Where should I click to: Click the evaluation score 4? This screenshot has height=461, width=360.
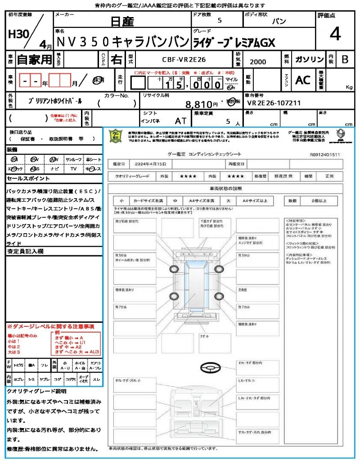[x=334, y=34]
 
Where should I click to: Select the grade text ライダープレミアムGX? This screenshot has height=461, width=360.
[x=234, y=42]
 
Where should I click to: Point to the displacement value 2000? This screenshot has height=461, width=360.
[x=257, y=62]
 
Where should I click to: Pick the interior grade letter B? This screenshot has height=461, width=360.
[x=345, y=59]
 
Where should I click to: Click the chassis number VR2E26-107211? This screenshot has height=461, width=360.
[x=274, y=103]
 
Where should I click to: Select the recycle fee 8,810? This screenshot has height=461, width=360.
[x=198, y=104]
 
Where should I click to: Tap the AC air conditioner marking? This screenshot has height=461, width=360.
[x=303, y=80]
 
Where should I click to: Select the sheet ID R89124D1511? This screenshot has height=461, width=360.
[x=325, y=154]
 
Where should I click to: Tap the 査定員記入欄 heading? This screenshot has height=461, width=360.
[x=25, y=252]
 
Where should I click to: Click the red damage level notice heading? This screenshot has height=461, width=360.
[x=50, y=326]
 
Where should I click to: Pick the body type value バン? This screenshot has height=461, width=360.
[x=279, y=21]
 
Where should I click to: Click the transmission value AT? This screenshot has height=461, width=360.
[x=181, y=121]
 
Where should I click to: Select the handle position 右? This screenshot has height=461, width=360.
[x=117, y=59]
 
